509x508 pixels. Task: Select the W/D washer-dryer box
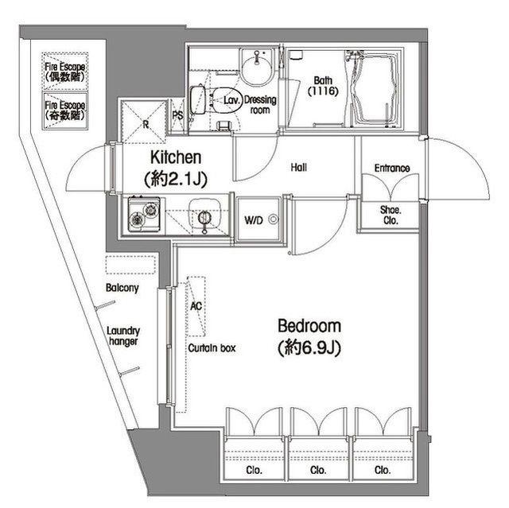point(258,219)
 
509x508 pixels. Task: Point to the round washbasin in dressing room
point(257,68)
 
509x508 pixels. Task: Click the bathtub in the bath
point(375,87)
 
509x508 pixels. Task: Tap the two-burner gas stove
point(144,213)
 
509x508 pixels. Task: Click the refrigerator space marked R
point(143,122)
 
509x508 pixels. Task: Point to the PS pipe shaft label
point(177,115)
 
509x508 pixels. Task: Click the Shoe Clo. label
point(390,215)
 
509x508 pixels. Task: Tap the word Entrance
point(392,168)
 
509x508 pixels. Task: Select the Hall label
point(299,168)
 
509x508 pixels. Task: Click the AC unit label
point(196,305)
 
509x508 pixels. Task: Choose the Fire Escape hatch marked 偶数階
point(65,72)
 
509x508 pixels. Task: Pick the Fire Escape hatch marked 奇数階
point(65,111)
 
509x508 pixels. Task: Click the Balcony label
point(122,288)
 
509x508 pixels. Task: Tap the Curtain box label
point(212,348)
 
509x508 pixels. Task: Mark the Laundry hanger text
point(123,336)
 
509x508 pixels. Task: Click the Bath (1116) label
point(323,86)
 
